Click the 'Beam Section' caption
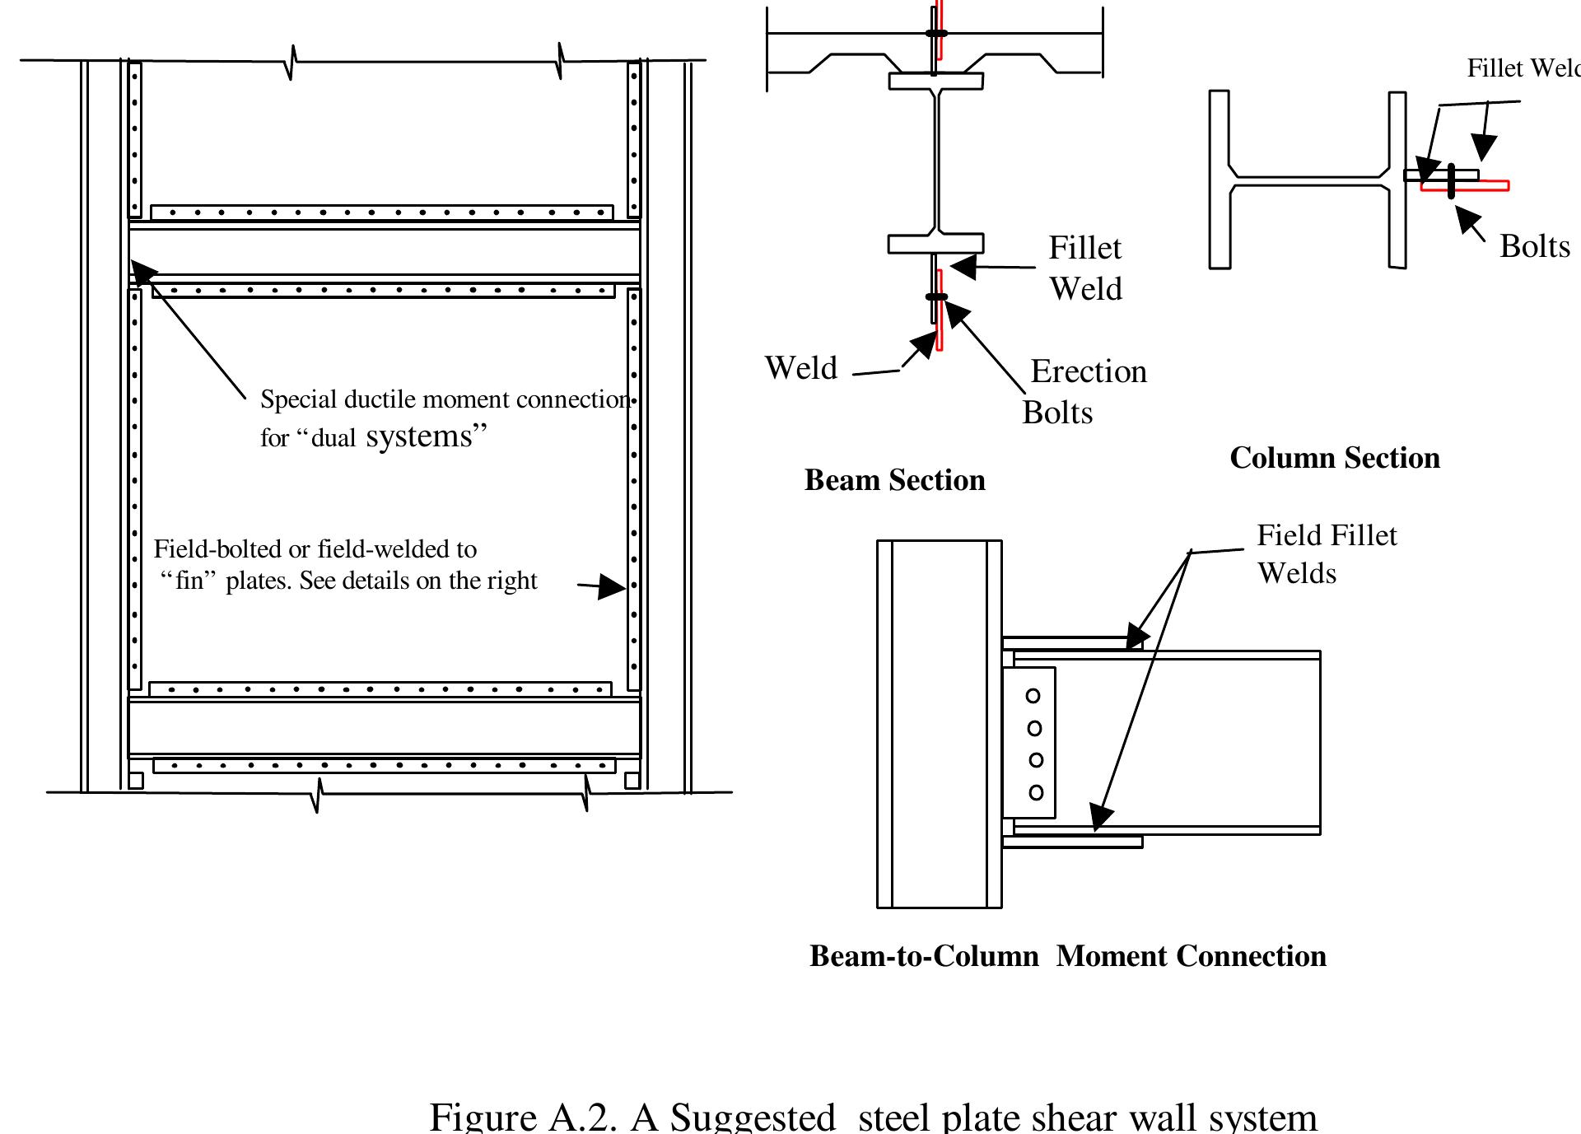tap(894, 480)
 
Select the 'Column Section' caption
tap(1334, 458)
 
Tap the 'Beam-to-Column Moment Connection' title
tap(1067, 956)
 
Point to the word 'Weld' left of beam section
tap(800, 368)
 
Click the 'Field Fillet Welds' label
tap(1326, 553)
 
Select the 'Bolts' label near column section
tap(1534, 246)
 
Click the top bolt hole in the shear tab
tap(1033, 696)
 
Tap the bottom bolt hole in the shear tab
tap(1036, 792)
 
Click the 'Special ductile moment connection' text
tap(445, 400)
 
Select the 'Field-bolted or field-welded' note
tap(315, 549)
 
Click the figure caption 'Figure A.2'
tap(873, 1117)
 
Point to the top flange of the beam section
tap(935, 82)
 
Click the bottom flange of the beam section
tap(935, 244)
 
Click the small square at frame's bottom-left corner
tap(136, 781)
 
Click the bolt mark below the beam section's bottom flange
tap(936, 296)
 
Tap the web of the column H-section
tap(1309, 177)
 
